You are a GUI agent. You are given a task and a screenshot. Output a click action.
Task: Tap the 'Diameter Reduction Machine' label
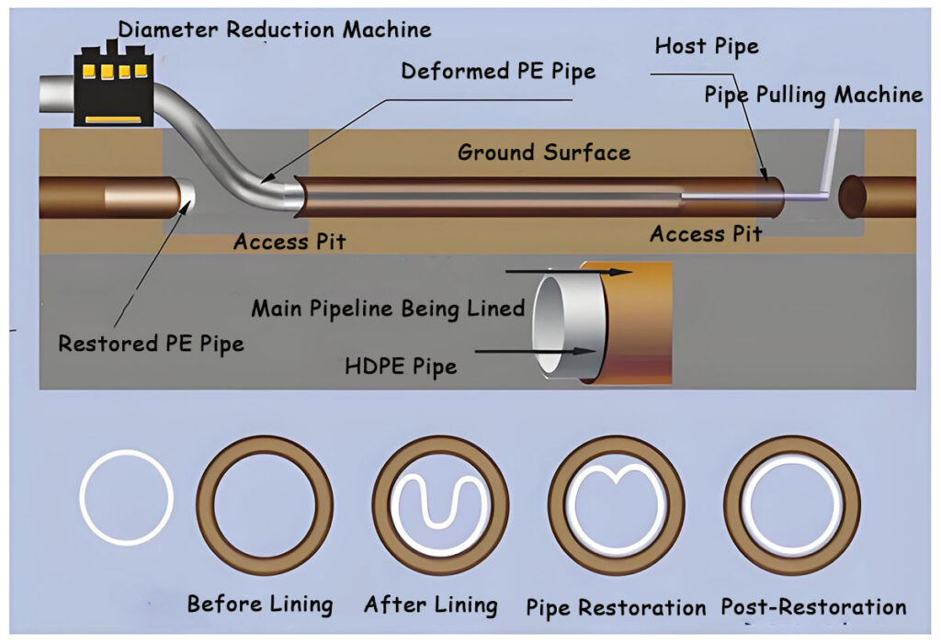pyautogui.click(x=275, y=29)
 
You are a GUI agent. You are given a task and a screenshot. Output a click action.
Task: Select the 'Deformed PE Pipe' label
pyautogui.click(x=498, y=71)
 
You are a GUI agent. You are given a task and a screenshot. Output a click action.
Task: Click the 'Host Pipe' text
pyautogui.click(x=707, y=46)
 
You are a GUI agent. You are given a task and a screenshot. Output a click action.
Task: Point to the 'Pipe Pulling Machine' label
pyautogui.click(x=813, y=94)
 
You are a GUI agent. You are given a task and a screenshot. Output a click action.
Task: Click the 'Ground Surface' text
pyautogui.click(x=544, y=152)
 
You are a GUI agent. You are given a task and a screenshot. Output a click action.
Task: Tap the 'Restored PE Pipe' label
pyautogui.click(x=151, y=344)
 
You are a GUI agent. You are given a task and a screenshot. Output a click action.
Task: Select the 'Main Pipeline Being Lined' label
pyautogui.click(x=388, y=308)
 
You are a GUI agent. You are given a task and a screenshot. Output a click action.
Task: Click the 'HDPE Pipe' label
pyautogui.click(x=400, y=367)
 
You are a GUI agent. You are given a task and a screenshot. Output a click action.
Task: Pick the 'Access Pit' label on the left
pyautogui.click(x=289, y=243)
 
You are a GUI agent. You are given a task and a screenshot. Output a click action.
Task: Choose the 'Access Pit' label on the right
pyautogui.click(x=706, y=233)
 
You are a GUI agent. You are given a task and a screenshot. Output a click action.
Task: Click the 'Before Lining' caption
pyautogui.click(x=259, y=604)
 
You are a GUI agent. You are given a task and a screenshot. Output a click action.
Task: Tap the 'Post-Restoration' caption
pyautogui.click(x=813, y=606)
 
